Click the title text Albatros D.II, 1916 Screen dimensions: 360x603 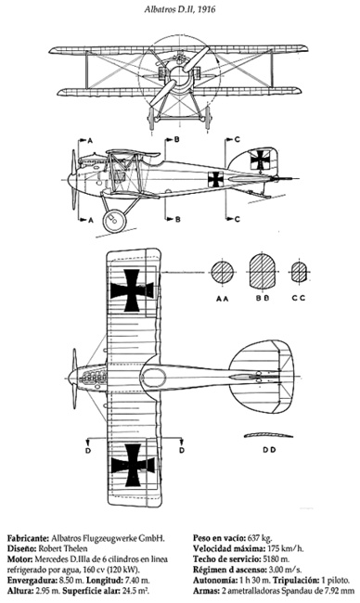[180, 9]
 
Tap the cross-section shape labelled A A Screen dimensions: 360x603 [223, 272]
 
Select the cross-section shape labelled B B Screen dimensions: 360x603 [264, 270]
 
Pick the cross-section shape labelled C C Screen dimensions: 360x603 [298, 272]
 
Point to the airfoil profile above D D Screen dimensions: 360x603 [268, 435]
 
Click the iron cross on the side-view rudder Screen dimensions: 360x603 [260, 160]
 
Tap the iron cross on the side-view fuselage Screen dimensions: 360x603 [216, 179]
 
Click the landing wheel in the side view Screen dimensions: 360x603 [114, 221]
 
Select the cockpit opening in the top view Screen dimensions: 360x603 [154, 378]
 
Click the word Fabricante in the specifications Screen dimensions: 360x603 [28, 538]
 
